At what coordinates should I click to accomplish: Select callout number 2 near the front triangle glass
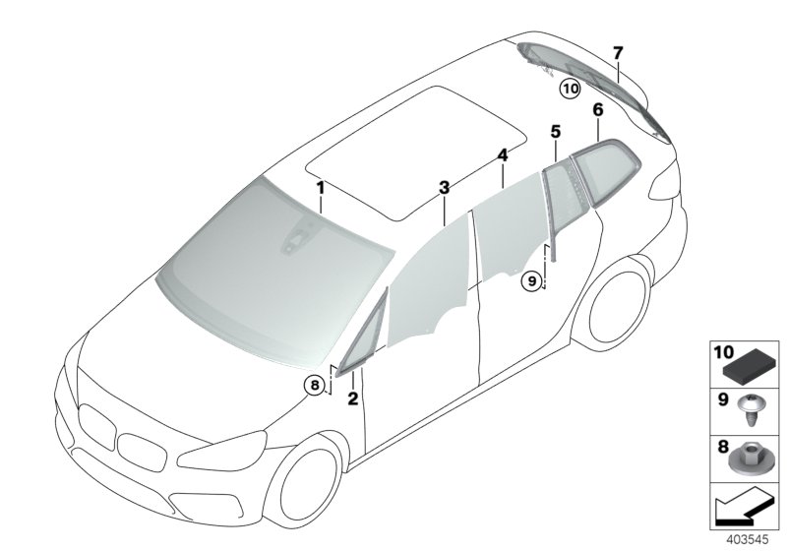[353, 398]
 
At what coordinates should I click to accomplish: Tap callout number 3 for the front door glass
[444, 186]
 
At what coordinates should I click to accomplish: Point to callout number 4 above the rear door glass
[502, 155]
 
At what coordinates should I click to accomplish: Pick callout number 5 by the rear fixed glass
[555, 130]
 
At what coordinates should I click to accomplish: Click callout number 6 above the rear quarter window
[597, 110]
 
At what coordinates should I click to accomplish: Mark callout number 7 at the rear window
[617, 51]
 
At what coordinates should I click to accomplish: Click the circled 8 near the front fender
[315, 386]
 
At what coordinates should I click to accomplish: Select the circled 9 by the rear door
[531, 280]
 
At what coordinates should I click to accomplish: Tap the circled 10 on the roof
[571, 89]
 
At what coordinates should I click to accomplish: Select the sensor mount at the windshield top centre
[295, 239]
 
